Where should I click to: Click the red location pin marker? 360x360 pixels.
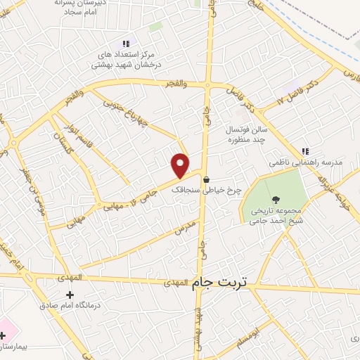(x=181, y=165)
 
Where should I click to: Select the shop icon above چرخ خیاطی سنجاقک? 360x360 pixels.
(x=206, y=179)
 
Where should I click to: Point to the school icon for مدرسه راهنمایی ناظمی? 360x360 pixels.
(x=305, y=151)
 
